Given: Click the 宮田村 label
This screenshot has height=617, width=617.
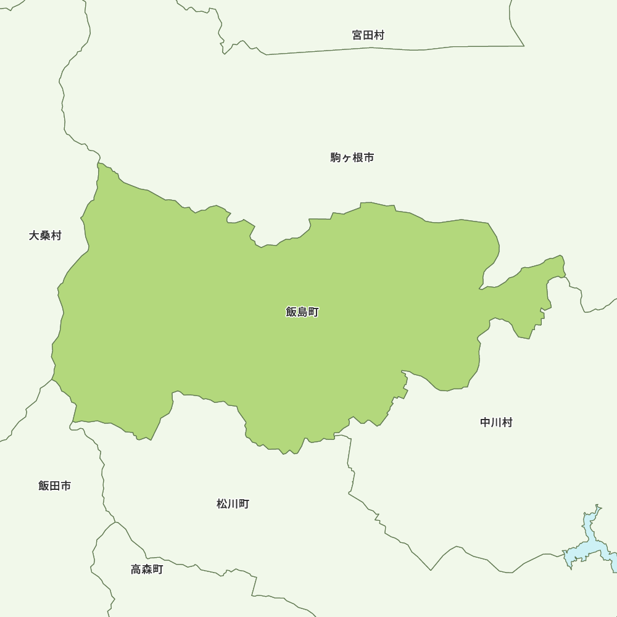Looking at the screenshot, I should (x=368, y=35).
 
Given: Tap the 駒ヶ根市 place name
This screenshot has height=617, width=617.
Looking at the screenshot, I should (x=352, y=158).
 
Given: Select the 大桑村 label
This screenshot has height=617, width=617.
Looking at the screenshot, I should (x=45, y=236).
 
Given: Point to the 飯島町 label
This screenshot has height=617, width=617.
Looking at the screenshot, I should (x=302, y=312).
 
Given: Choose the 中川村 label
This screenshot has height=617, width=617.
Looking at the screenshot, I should (x=496, y=423).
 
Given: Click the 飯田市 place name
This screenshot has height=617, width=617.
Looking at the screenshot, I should (x=54, y=486).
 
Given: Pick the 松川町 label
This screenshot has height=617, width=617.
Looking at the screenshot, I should (x=233, y=504).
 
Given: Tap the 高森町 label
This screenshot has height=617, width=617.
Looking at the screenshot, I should (x=147, y=569).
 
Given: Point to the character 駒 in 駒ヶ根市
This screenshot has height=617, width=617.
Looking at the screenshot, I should (x=336, y=158).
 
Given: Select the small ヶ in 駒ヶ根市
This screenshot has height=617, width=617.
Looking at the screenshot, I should (x=347, y=159).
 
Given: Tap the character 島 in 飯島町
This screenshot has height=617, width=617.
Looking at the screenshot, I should (x=302, y=312).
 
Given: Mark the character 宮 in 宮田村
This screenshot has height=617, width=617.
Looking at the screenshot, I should (x=357, y=35).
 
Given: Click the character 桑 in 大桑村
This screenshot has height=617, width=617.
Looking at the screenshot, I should (x=45, y=236).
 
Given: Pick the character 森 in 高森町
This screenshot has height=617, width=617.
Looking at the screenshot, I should (x=147, y=569).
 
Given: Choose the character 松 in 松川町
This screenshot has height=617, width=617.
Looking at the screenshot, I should (x=222, y=504).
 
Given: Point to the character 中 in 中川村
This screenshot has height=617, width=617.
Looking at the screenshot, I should (x=486, y=423).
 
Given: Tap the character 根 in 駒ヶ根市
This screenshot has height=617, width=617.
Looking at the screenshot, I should (x=358, y=158).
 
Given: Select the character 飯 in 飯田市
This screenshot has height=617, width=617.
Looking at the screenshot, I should (x=44, y=486).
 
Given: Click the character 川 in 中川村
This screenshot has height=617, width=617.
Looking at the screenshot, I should (x=496, y=423).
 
